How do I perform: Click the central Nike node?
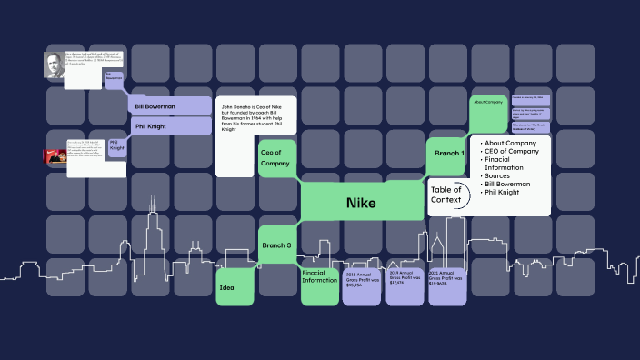pyautogui.click(x=360, y=203)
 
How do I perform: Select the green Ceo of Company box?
pyautogui.click(x=275, y=157)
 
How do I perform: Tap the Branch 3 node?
pyautogui.click(x=276, y=245)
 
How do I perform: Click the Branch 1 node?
pyautogui.click(x=448, y=154)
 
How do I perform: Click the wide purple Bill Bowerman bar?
pyautogui.click(x=170, y=106)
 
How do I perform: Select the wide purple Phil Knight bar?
pyautogui.click(x=170, y=126)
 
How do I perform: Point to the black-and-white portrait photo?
pyautogui.click(x=55, y=65)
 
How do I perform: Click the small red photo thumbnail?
pyautogui.click(x=54, y=155)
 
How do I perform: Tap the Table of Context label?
pyautogui.click(x=446, y=195)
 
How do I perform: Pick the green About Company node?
pyautogui.click(x=488, y=103)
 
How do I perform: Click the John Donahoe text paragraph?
pyautogui.click(x=255, y=119)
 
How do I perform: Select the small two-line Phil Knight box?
pyautogui.click(x=117, y=146)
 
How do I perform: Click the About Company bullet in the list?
pyautogui.click(x=515, y=143)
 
